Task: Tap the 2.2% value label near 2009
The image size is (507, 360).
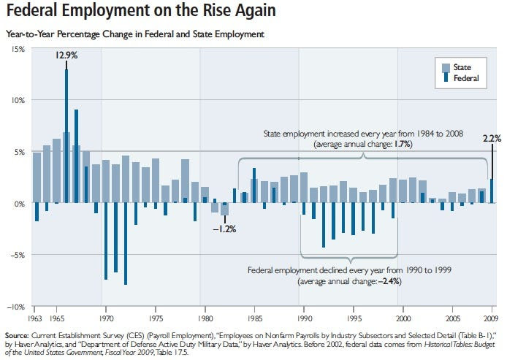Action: click(491, 138)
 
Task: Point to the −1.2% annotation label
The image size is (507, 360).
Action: click(224, 229)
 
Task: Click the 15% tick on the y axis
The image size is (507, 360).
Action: click(18, 49)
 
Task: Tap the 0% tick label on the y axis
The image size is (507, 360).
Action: click(20, 204)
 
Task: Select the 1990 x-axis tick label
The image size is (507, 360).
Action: click(304, 318)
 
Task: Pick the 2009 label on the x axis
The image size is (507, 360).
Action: click(491, 318)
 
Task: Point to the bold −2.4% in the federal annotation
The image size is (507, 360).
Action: click(388, 281)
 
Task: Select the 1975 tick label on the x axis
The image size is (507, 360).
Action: click(156, 318)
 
